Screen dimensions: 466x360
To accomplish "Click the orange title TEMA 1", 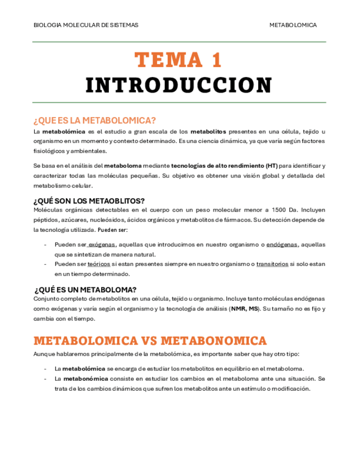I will pos(179,59).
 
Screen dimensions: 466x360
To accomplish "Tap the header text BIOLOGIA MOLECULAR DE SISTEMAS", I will pos(86,25).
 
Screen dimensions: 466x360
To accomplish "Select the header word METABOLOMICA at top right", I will pos(293,25).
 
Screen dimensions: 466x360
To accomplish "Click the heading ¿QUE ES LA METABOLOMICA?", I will pos(95,120).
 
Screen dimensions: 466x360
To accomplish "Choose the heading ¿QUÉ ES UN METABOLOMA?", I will pos(85,290).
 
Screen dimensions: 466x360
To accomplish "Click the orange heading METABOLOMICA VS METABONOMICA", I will pos(150,341).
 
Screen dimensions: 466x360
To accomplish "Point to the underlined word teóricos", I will pos(99,264).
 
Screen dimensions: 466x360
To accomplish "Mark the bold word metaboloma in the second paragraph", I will pos(123,166).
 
